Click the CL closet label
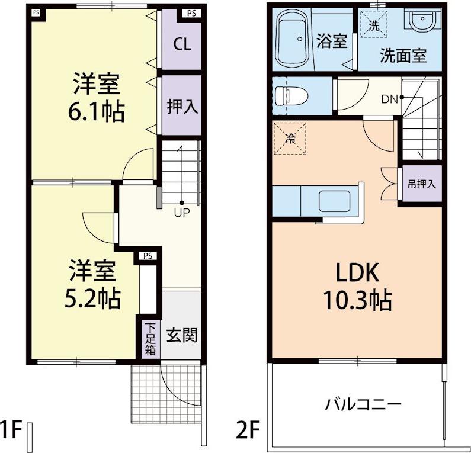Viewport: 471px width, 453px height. click(x=182, y=44)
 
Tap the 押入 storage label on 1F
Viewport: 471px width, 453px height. click(x=182, y=106)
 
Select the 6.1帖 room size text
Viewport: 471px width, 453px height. click(x=97, y=112)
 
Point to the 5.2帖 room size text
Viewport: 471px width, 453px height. click(x=92, y=299)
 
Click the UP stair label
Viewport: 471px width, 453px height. click(x=182, y=213)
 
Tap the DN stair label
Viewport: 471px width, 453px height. click(x=389, y=99)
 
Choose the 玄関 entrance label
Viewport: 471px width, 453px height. click(x=182, y=335)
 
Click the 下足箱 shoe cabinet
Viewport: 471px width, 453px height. click(x=150, y=339)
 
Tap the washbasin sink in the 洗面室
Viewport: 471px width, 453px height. click(x=422, y=19)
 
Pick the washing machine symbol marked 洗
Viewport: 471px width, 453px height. click(x=374, y=24)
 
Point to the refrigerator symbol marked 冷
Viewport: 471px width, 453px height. click(x=290, y=138)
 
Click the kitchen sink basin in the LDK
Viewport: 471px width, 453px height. click(x=335, y=201)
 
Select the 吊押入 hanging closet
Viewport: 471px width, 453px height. click(x=422, y=184)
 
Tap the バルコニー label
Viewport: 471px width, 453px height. click(x=363, y=404)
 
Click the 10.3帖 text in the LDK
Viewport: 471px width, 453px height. click(x=357, y=300)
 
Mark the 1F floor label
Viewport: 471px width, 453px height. click(x=11, y=430)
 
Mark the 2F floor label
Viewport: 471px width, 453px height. click(x=248, y=430)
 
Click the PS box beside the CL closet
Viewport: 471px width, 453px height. click(x=191, y=14)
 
